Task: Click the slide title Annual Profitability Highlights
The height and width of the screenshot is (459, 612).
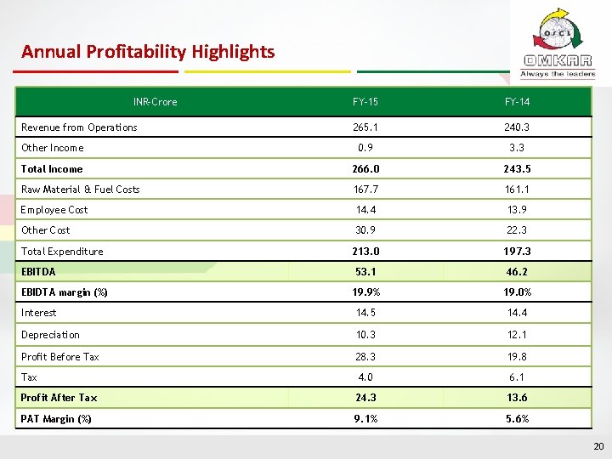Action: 148,52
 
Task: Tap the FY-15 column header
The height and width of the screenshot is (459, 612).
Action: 365,102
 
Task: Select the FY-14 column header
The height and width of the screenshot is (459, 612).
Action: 517,102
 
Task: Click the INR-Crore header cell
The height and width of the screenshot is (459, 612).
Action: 156,102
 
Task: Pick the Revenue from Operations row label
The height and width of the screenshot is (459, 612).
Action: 79,127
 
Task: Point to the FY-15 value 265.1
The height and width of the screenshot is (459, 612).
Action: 365,127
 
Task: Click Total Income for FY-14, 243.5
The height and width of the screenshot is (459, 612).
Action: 517,169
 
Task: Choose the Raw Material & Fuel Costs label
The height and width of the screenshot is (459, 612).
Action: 81,190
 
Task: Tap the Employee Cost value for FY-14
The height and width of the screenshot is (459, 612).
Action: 517,210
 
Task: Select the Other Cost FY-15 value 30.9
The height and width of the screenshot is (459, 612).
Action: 365,230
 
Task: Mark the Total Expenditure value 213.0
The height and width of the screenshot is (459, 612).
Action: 365,252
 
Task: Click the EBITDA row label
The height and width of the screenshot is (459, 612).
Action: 38,272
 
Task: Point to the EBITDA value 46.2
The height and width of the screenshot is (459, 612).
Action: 517,272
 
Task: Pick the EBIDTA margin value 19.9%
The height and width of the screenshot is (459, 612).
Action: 365,292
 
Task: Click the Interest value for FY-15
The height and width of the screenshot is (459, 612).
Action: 365,313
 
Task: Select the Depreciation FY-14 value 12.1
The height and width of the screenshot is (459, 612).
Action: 517,335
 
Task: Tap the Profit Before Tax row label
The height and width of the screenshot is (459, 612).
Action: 60,357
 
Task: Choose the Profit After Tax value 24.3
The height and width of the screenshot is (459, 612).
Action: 365,398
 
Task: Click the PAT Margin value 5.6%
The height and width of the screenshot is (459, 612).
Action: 517,418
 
